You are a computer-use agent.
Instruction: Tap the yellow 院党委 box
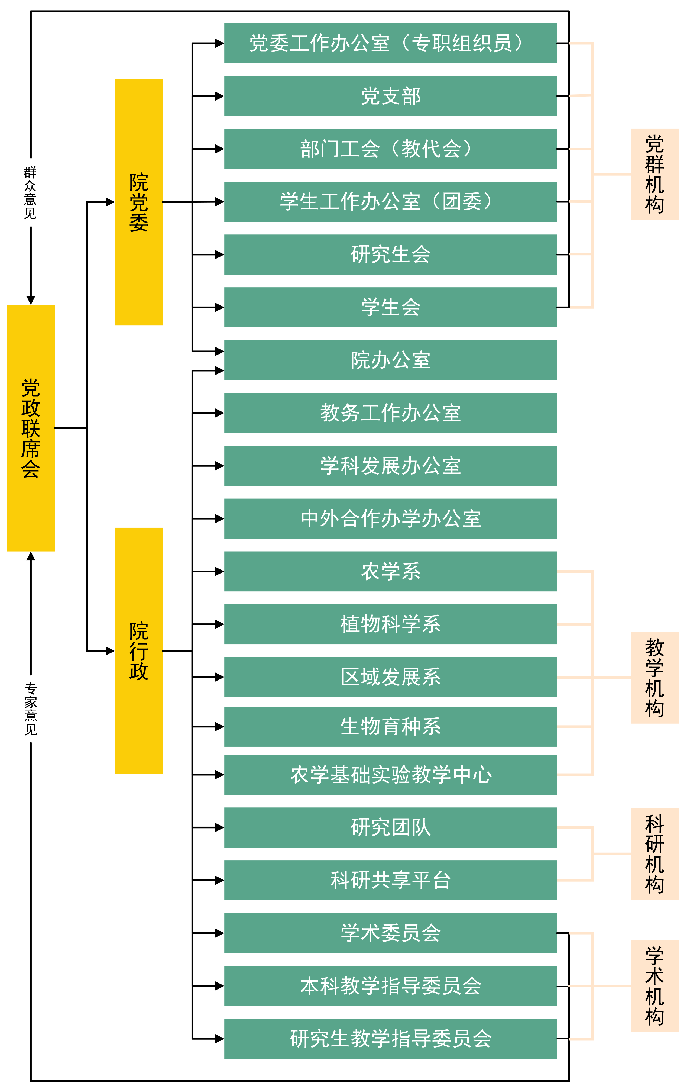click(138, 202)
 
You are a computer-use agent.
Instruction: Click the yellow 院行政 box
click(138, 651)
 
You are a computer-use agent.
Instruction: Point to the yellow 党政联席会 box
click(31, 428)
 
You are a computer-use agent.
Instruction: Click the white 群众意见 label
click(30, 192)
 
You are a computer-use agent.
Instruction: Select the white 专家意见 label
click(30, 708)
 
